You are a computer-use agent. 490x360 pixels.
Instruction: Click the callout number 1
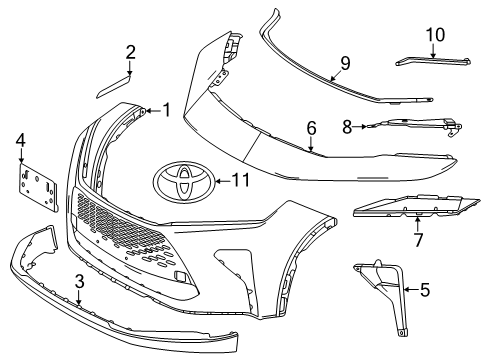click(x=166, y=109)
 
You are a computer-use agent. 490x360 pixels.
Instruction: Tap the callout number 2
click(x=130, y=51)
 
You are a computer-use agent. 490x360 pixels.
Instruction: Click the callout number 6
click(x=311, y=128)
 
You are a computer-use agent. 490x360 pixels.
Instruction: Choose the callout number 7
click(x=418, y=242)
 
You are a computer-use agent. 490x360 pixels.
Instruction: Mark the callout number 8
click(x=348, y=127)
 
